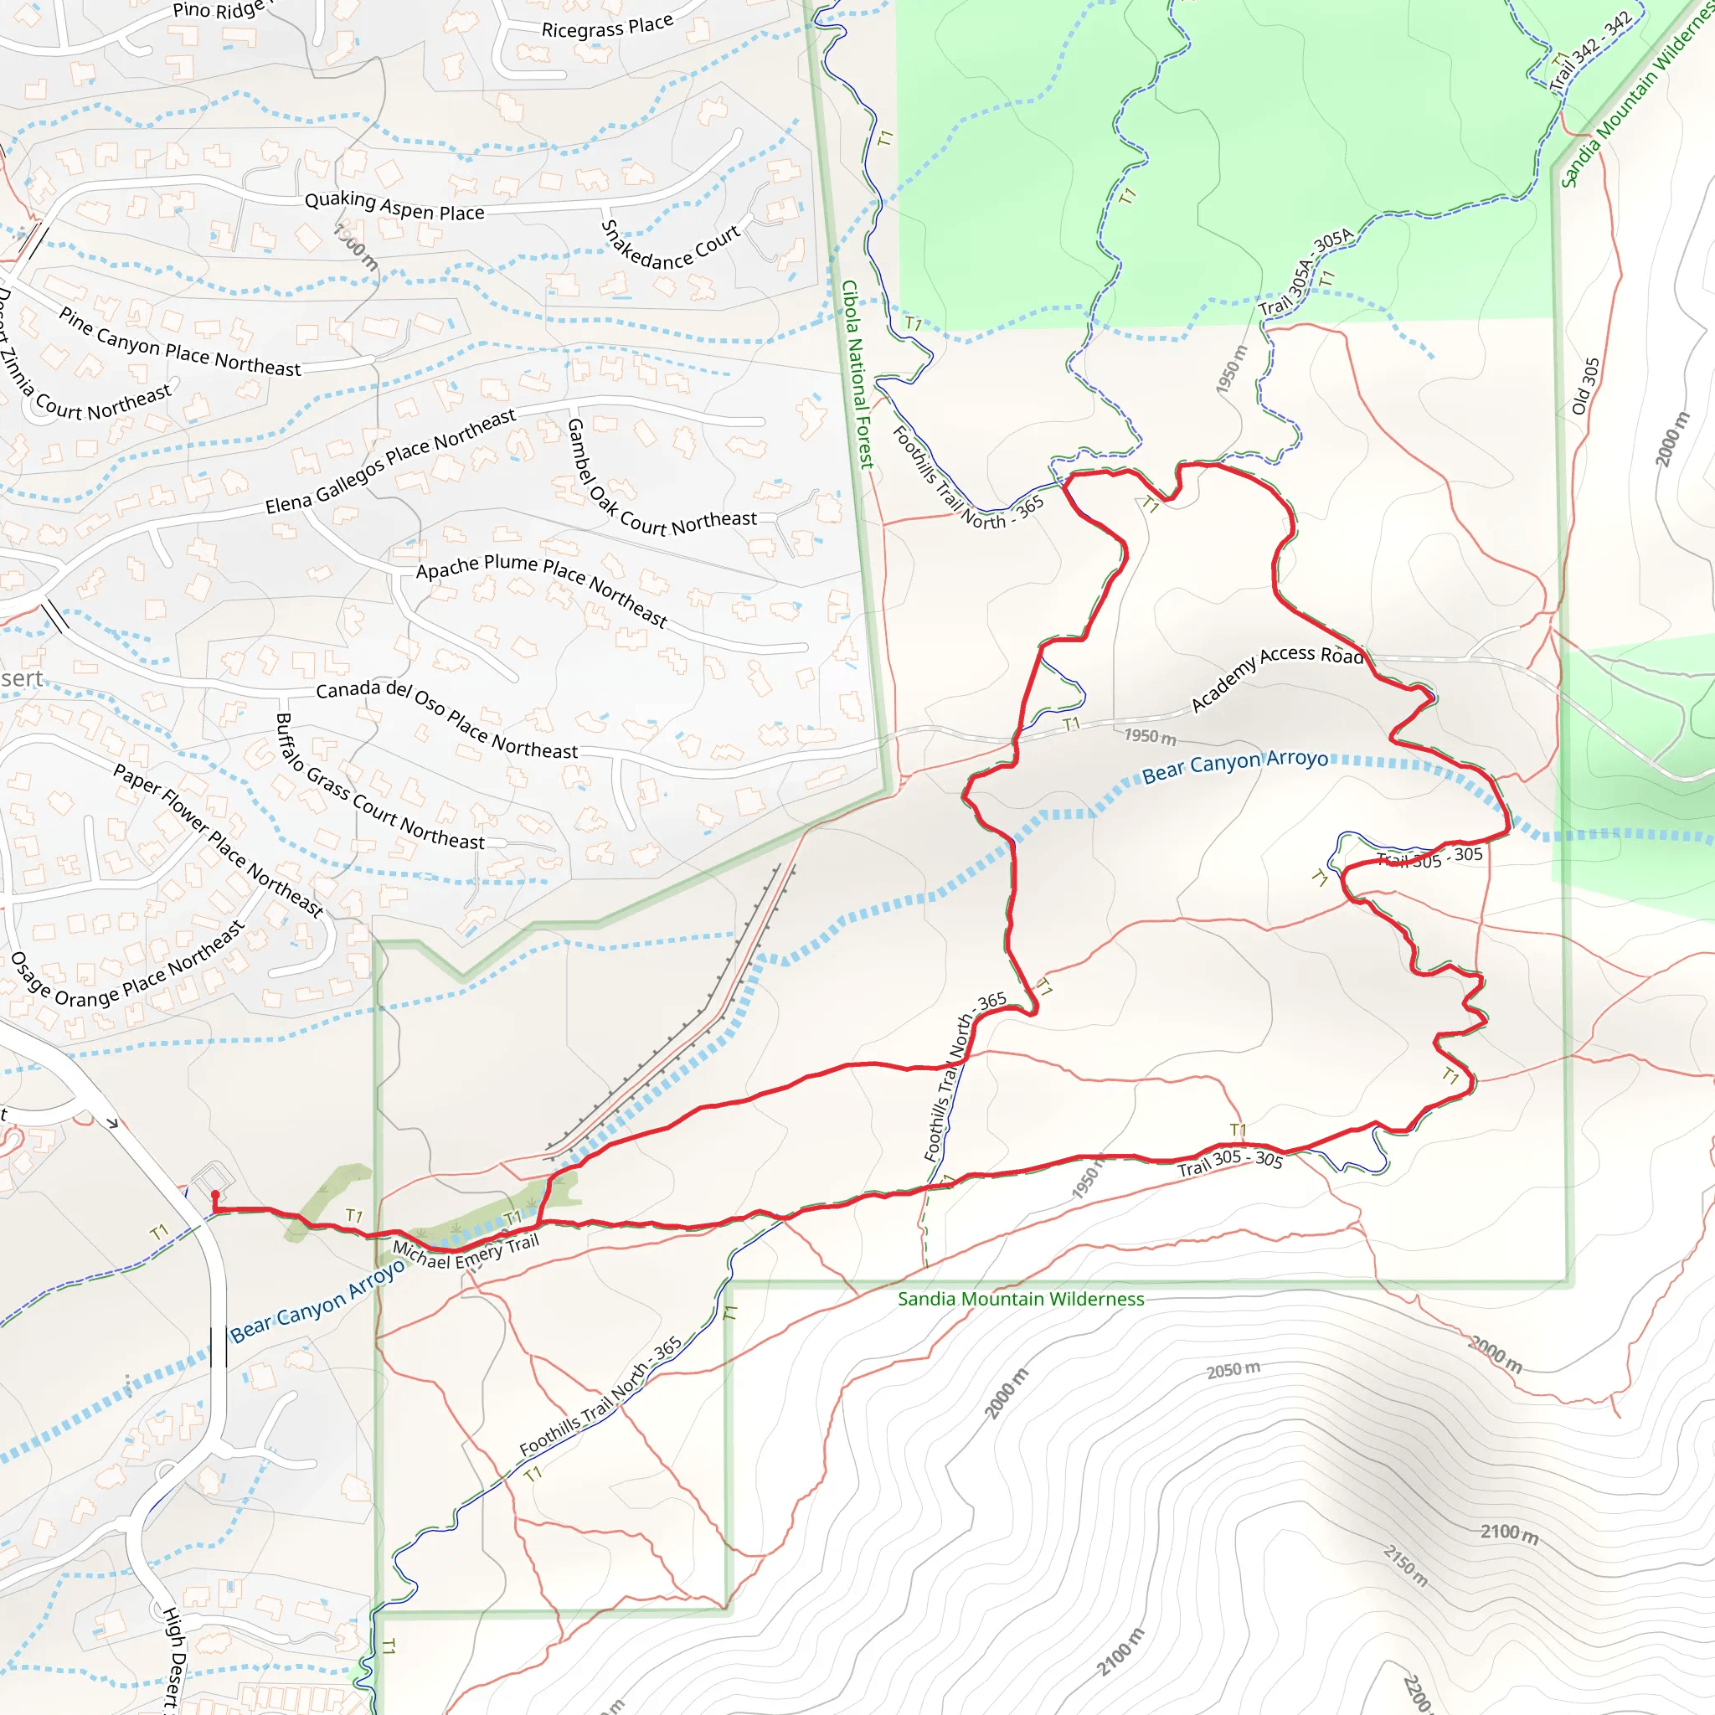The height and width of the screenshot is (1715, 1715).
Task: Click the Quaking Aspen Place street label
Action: (x=394, y=206)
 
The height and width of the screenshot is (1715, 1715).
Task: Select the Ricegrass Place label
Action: (x=607, y=27)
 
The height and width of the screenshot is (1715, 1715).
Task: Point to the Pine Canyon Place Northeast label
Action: (x=180, y=342)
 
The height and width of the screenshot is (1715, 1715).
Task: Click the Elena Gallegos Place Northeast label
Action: (x=390, y=461)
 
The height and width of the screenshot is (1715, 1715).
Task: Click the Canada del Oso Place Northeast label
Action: (x=446, y=719)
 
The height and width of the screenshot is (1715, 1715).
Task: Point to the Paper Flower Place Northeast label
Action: (x=218, y=840)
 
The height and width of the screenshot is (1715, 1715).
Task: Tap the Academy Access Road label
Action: (x=1275, y=677)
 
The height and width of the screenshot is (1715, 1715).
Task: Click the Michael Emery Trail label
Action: (x=466, y=1254)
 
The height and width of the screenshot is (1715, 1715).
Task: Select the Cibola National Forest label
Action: (x=857, y=373)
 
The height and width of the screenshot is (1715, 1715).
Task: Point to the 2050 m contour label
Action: (x=1233, y=1370)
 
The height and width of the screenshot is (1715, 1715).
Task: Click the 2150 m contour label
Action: (x=1405, y=1565)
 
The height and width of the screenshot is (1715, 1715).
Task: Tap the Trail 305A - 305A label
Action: (x=1306, y=271)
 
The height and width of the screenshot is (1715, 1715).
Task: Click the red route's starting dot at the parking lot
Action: (x=215, y=1195)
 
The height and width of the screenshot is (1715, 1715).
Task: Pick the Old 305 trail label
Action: (x=1584, y=386)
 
